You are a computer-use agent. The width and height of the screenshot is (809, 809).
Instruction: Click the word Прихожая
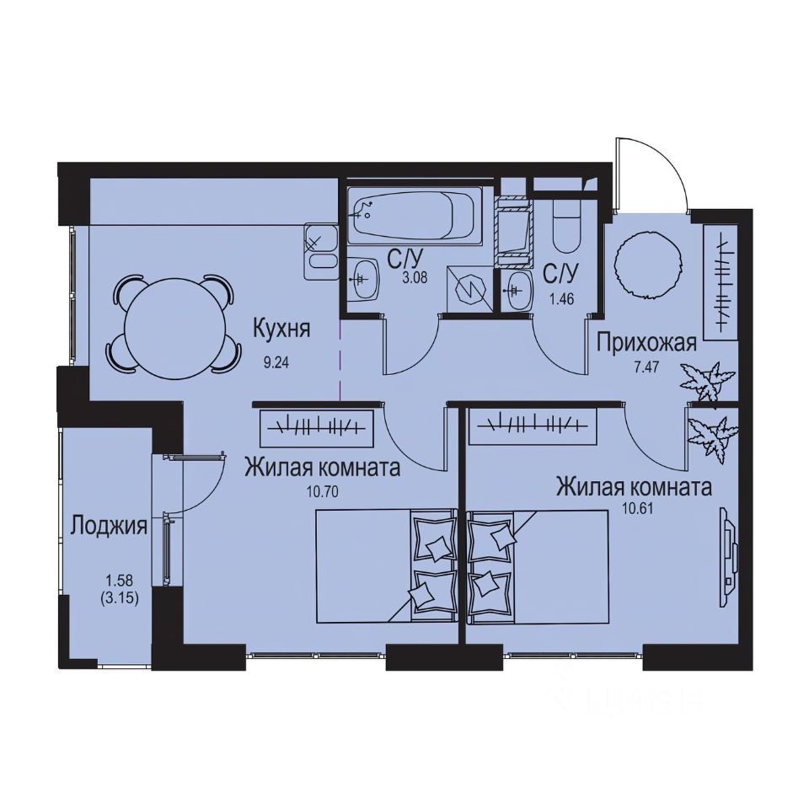click(646, 342)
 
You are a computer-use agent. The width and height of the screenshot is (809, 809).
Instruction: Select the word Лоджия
click(109, 527)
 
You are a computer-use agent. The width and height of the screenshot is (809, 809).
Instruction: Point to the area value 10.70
click(323, 492)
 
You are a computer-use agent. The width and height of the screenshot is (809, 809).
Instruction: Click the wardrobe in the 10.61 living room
click(533, 424)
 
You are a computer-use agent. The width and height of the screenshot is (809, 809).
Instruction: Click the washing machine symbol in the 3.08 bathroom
click(465, 289)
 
